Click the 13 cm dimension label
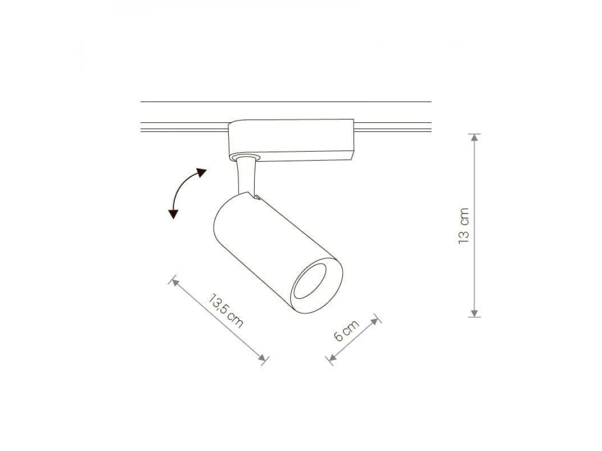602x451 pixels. pos(464,225)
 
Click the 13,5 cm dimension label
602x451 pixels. pos(225,311)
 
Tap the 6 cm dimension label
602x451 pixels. pos(346,331)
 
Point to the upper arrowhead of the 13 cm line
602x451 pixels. pos(475,138)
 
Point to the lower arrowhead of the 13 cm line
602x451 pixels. pos(475,313)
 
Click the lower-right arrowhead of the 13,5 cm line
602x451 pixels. pos(262,357)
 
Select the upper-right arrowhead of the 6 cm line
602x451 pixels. pos(374,322)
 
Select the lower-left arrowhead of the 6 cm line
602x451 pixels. pos(333,357)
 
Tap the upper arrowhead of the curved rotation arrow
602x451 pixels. pos(201,172)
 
